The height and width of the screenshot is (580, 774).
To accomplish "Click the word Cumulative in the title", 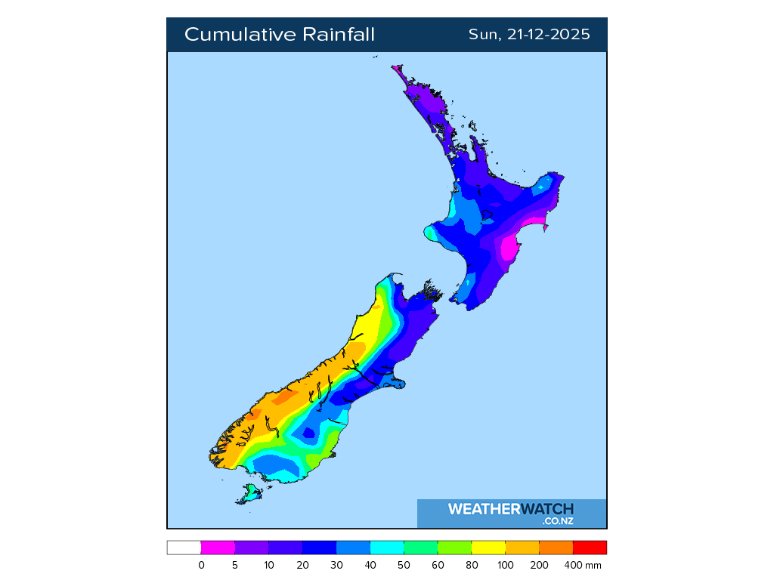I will [x=240, y=35].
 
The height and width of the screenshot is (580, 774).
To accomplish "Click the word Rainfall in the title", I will [x=339, y=35].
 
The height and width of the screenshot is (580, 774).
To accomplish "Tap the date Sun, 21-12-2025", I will [x=529, y=35].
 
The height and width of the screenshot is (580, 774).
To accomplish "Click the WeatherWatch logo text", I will [x=510, y=509].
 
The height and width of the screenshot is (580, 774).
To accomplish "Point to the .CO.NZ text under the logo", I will [x=557, y=521].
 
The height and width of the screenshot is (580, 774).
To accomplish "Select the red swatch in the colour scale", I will [x=590, y=548].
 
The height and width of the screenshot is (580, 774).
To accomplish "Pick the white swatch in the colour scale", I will [x=184, y=548].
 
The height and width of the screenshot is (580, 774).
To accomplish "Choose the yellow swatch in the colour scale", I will [x=488, y=548].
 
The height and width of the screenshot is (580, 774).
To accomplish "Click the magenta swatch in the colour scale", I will [x=218, y=548].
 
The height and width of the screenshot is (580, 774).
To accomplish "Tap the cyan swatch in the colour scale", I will [x=387, y=548].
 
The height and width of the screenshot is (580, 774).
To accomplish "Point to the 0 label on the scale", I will [x=201, y=565].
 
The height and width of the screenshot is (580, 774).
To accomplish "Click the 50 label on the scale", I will [x=404, y=565].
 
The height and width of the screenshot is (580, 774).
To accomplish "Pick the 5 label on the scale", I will [x=235, y=565].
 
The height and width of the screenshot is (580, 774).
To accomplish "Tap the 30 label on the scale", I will [x=336, y=565].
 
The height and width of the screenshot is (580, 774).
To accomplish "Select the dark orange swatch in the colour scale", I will [x=556, y=548].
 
